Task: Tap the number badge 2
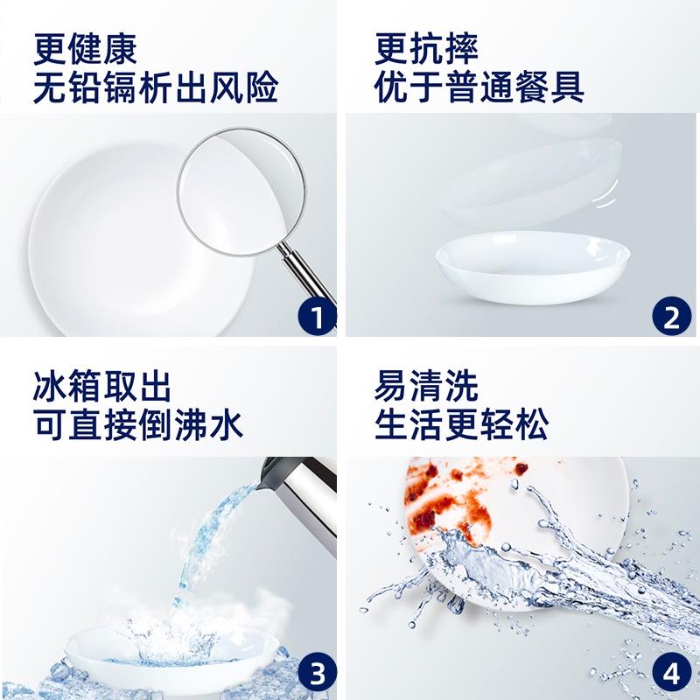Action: tap(671, 318)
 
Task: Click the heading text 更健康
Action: tap(86, 49)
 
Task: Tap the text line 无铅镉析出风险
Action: tap(156, 88)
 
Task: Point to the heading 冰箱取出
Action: tap(103, 386)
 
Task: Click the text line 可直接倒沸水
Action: tap(138, 425)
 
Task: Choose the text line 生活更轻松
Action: tap(462, 425)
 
